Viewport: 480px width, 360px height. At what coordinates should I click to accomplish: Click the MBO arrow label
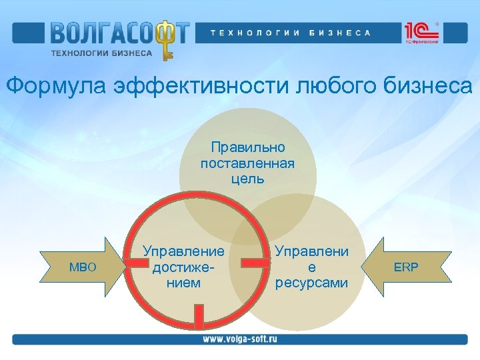click(x=83, y=267)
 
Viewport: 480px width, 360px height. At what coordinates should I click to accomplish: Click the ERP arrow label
click(x=406, y=267)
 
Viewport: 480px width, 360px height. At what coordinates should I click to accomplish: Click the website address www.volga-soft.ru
click(x=240, y=339)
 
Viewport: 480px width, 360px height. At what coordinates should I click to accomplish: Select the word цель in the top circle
click(x=247, y=179)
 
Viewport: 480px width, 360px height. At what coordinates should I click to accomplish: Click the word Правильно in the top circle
click(x=247, y=147)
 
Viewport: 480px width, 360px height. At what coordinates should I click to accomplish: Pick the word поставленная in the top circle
click(x=247, y=163)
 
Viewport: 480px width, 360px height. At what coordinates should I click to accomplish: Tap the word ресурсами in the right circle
click(x=312, y=283)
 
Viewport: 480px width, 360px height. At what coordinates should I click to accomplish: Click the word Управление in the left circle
click(x=183, y=251)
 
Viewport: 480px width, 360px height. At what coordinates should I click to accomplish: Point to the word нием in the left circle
click(x=183, y=283)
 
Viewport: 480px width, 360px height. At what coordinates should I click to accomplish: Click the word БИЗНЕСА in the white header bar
click(x=340, y=32)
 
